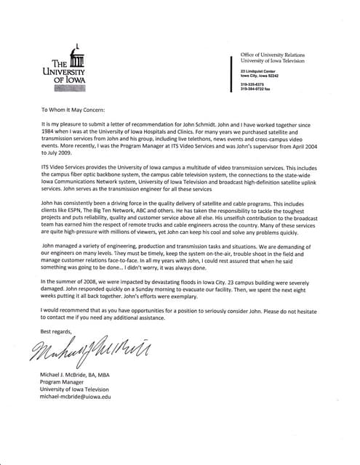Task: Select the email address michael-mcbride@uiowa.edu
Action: pyautogui.click(x=75, y=417)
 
